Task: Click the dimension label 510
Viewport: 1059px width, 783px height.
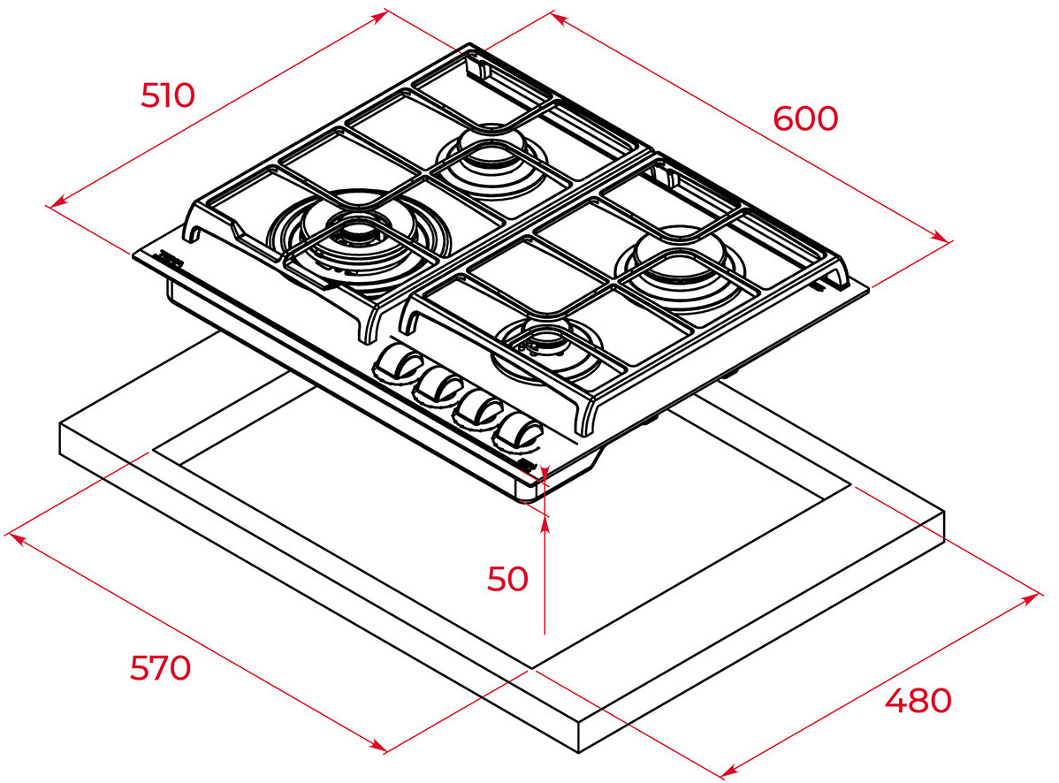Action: (167, 95)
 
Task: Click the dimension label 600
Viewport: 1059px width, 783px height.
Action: (805, 118)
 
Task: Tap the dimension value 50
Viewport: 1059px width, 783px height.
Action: (507, 579)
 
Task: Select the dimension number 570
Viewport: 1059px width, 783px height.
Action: (161, 668)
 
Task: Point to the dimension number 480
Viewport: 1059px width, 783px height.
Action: (918, 701)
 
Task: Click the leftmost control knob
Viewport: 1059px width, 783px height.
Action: (395, 365)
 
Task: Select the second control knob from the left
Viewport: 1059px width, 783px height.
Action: (437, 387)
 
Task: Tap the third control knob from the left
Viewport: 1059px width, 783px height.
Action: (477, 409)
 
